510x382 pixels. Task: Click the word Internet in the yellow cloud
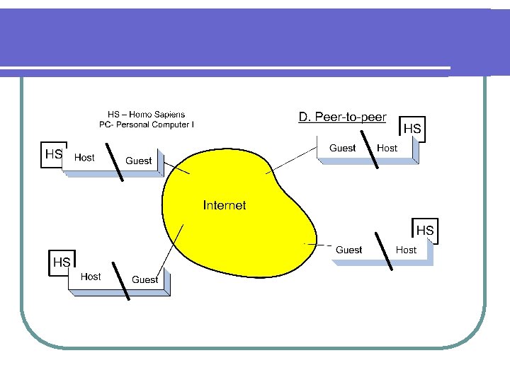225,205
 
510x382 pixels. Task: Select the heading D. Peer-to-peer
342,117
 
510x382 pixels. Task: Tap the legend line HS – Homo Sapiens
147,114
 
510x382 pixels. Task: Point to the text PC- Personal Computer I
147,125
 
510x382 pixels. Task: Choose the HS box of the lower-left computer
62,262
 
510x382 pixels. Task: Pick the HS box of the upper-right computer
412,129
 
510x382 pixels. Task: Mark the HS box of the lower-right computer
425,231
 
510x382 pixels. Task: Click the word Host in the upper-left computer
84,158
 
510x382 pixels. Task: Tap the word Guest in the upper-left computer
138,161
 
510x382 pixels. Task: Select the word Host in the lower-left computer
91,277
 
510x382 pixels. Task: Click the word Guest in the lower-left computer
144,279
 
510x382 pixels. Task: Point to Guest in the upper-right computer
342,148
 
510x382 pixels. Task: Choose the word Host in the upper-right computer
387,148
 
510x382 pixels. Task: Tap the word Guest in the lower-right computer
348,250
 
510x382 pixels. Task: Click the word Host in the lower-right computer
406,250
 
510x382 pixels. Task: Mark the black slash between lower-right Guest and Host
384,250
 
